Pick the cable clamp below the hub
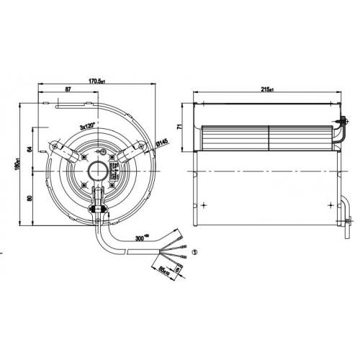tap(96, 210)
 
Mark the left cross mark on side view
tap(206, 205)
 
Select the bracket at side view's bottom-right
tap(348, 216)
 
